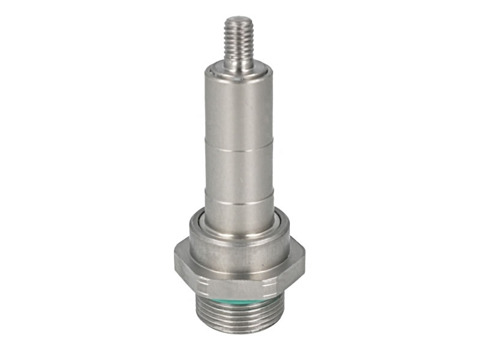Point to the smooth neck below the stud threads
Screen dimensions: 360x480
(239, 65)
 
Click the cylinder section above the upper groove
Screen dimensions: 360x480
(239, 111)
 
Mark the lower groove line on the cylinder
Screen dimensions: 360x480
(239, 203)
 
